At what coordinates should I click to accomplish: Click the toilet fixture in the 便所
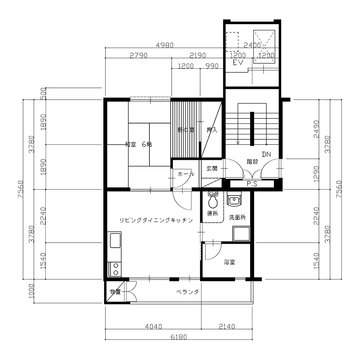coord(213,200)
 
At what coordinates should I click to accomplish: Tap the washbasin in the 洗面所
coord(234,198)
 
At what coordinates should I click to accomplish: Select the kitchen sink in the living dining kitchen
coord(115,240)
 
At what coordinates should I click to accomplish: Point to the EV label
coord(238,62)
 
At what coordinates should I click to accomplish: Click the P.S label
coord(252,184)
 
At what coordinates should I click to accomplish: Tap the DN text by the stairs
coord(266,154)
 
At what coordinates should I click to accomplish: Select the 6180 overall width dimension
coord(179,337)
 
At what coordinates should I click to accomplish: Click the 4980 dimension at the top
coord(165,45)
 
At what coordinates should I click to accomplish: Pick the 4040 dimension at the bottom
coord(154,326)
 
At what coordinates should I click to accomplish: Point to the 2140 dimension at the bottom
coord(227,326)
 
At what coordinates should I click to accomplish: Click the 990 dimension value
coord(212,66)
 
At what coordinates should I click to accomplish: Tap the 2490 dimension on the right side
coord(316,129)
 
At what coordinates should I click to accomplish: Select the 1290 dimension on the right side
coord(316,174)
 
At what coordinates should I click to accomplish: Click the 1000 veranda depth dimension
coord(31,291)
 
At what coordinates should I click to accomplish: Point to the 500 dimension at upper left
coord(44,94)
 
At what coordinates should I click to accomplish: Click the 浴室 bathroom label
coord(229,262)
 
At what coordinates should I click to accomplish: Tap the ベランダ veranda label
coord(187,292)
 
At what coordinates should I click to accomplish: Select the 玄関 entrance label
coord(212,168)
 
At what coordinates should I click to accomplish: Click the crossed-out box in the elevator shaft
coord(264,46)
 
